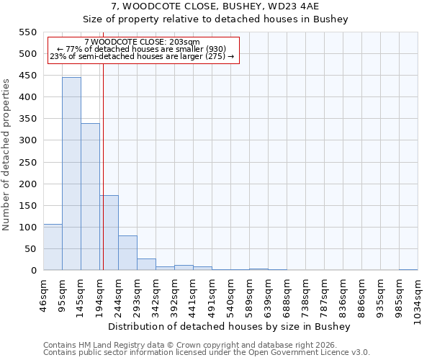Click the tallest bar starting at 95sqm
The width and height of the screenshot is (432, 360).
point(71,174)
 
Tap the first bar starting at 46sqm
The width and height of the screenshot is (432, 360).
point(53,247)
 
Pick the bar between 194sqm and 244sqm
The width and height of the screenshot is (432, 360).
point(109,233)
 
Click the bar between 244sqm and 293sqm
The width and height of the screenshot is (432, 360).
point(127,253)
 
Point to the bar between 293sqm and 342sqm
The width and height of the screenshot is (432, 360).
point(146,264)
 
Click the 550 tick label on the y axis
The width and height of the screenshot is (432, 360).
point(27,32)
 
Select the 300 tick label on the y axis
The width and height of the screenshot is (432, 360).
point(27,140)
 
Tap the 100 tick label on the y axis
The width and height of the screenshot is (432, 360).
point(27,228)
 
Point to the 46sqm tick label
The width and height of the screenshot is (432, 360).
point(44,294)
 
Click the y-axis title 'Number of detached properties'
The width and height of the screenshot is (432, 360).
point(6,155)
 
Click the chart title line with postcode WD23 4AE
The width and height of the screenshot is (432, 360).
point(215,6)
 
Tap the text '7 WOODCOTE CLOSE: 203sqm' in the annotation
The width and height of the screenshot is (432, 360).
point(142,42)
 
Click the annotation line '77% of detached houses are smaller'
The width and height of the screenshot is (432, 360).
point(142,49)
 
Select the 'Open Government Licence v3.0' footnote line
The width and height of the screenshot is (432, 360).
point(207,353)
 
